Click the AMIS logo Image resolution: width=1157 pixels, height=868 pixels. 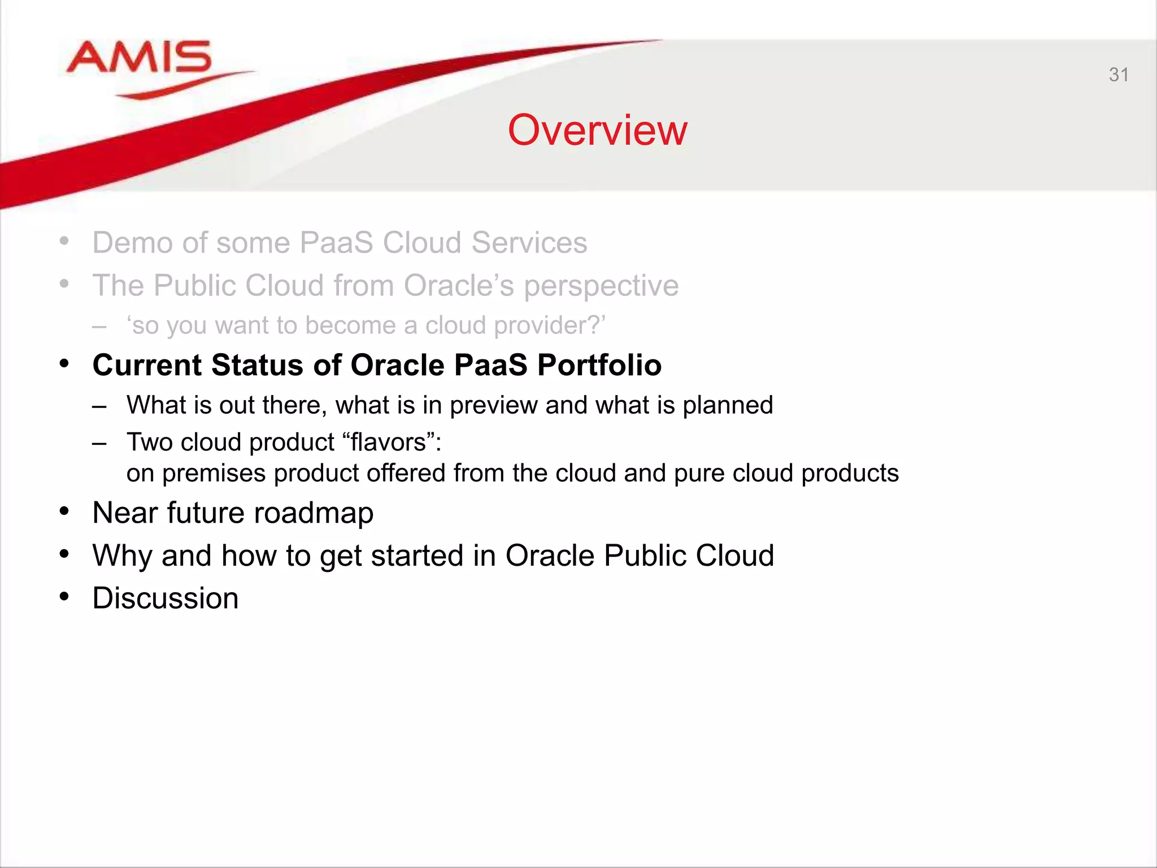coord(139,60)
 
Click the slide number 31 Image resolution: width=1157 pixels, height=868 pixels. coord(1118,75)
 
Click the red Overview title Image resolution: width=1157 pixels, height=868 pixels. coord(597,130)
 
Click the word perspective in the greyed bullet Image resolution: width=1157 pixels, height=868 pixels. coord(601,286)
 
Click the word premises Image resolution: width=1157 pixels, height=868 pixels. coord(214,474)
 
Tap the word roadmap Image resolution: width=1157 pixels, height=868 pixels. coord(314,513)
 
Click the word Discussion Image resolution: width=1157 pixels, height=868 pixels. coord(166,598)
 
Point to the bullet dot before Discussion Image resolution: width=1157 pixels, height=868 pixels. coord(64,597)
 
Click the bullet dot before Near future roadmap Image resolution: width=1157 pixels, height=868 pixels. coord(64,511)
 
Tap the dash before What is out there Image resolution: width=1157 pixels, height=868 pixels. coord(99,406)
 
